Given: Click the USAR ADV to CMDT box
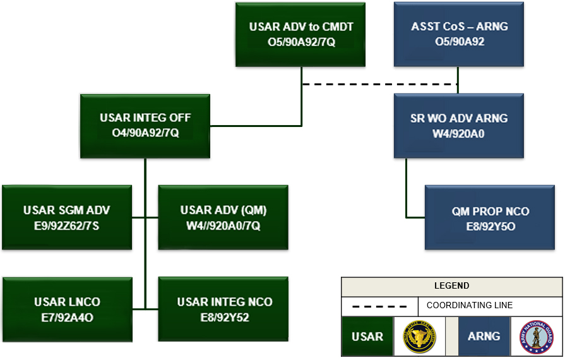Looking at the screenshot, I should [301, 34].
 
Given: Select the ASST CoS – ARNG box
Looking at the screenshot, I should [459, 34].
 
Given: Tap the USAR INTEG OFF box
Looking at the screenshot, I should [145, 126].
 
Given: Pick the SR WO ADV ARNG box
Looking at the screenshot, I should [459, 126].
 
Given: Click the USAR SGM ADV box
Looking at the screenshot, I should [67, 217].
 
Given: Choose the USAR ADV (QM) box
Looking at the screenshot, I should [223, 217].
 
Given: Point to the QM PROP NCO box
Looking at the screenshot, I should [490, 217].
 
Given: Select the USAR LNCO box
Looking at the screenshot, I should [67, 309].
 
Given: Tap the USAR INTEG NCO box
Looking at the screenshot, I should [223, 309].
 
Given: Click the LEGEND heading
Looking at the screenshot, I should [451, 286].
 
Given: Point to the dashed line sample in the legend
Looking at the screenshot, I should [379, 306].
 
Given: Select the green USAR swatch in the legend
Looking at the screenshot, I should [367, 337].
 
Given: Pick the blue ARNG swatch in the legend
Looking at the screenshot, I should [484, 337].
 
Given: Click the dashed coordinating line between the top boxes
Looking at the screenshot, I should [379, 84].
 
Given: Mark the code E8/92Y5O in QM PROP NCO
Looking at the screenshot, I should [491, 225].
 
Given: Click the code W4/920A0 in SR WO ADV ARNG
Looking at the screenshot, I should [459, 134].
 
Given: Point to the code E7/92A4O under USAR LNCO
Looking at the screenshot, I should [67, 317].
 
